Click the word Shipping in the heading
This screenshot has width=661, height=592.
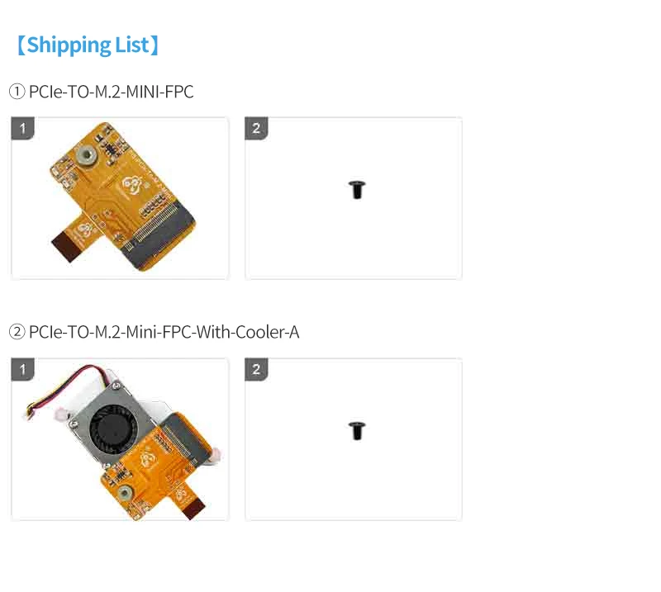[69, 45]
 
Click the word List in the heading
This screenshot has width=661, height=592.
[131, 45]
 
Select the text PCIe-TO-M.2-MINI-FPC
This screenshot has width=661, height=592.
[111, 92]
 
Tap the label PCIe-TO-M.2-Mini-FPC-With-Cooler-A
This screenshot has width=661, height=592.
[164, 333]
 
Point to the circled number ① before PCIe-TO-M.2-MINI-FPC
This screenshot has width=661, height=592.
[17, 92]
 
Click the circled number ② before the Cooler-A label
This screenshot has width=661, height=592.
[17, 333]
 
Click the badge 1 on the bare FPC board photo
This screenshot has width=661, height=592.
[23, 128]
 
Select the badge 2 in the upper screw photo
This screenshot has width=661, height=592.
[256, 128]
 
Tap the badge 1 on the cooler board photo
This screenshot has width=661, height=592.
[23, 369]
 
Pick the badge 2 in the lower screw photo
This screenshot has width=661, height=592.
[256, 369]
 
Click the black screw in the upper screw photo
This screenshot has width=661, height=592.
[357, 190]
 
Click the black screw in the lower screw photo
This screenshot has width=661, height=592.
[357, 430]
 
